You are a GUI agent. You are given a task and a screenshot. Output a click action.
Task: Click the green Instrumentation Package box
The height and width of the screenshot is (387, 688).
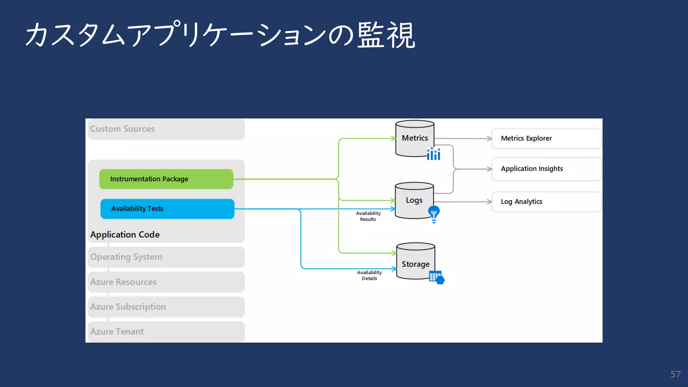coord(166,179)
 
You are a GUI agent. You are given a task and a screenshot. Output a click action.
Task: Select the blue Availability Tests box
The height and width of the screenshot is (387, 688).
coord(167,209)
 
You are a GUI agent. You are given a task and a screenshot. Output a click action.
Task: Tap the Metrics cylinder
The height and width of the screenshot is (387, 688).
coord(415,138)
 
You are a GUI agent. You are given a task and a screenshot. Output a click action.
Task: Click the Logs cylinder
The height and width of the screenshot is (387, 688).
coord(414,201)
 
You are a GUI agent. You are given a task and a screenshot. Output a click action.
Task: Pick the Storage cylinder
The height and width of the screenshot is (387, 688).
coord(416,261)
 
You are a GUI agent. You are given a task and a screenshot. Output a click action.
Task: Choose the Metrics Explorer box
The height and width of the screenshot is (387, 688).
coord(546,138)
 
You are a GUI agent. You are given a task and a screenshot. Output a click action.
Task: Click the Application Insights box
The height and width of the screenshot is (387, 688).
coord(546,169)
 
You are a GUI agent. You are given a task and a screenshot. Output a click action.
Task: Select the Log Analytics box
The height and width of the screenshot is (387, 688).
coord(546,202)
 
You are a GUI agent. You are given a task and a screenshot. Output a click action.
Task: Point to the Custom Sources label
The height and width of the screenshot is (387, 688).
coord(122,129)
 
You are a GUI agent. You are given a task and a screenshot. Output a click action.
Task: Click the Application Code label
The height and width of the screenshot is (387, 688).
coord(125,234)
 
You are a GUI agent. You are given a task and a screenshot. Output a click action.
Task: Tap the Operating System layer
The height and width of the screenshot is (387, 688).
coord(166,257)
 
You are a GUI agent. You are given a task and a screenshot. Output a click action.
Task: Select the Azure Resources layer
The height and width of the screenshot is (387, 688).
coord(166,282)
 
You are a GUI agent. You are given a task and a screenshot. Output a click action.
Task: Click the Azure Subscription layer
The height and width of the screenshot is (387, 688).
coord(166,307)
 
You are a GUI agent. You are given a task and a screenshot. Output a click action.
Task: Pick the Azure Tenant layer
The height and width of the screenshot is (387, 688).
coord(166,332)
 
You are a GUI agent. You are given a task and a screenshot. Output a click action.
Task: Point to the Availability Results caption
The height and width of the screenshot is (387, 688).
coord(368,216)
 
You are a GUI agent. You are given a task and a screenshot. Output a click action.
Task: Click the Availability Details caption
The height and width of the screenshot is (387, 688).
coord(370,275)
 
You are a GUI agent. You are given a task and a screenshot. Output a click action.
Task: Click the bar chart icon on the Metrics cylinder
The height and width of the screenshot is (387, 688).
coord(434,154)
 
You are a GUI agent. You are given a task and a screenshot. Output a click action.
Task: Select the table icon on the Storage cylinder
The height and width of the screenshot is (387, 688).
coord(437,277)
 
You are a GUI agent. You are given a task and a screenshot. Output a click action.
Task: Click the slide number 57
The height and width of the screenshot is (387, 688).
coord(676,374)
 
